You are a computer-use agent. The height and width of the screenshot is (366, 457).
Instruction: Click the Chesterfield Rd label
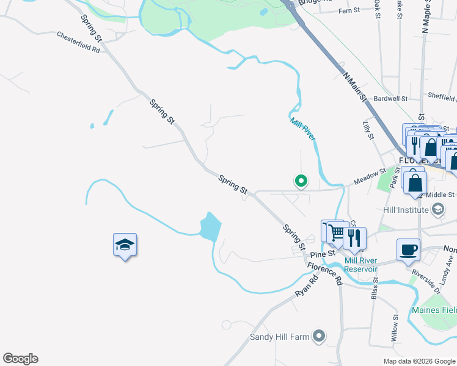(x=78, y=42)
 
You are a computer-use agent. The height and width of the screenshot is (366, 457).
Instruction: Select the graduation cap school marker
(x=125, y=245)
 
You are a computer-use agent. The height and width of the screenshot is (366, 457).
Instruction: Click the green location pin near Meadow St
(x=301, y=181)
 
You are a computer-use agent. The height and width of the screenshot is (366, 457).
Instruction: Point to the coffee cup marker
(x=408, y=249)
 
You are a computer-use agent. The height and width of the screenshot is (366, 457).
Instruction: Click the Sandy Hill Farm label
(x=280, y=337)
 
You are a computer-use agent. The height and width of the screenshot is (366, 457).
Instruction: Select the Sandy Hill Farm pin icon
(x=318, y=335)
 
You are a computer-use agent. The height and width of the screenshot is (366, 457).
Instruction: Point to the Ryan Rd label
(x=307, y=285)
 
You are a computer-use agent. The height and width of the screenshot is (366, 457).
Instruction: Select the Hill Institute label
(x=404, y=210)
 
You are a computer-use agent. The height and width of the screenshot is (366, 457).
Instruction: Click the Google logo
(x=20, y=359)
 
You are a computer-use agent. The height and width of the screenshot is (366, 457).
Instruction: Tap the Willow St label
(x=395, y=328)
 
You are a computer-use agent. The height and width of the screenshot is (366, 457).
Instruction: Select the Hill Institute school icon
(x=437, y=209)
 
